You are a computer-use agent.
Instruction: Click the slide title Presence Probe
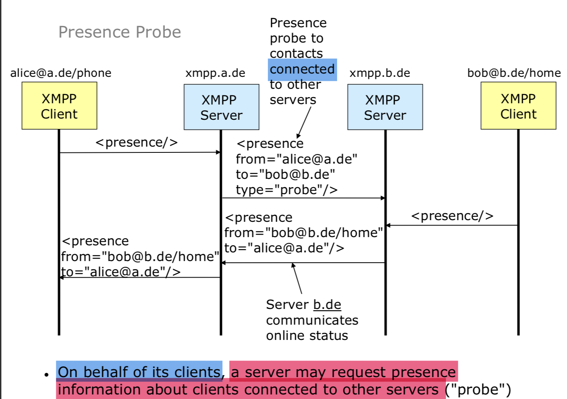[119, 32]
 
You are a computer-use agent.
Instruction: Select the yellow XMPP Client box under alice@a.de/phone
[59, 106]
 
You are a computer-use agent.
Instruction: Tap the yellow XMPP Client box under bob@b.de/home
[518, 106]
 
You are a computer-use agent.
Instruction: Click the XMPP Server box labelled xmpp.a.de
[221, 107]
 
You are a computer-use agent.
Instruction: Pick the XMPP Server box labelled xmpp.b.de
[385, 107]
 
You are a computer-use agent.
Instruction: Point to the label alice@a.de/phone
[61, 73]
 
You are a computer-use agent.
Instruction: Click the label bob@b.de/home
[514, 73]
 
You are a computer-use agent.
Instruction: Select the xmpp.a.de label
[215, 73]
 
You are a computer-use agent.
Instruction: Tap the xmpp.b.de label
[379, 73]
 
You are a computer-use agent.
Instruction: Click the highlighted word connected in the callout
[302, 69]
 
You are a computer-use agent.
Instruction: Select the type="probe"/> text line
[286, 190]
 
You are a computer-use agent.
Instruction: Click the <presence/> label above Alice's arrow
[136, 142]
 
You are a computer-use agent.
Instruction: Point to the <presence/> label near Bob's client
[452, 216]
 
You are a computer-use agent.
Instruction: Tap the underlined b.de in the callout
[327, 304]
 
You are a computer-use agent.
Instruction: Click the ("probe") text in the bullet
[478, 389]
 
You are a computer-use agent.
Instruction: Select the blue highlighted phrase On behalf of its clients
[139, 372]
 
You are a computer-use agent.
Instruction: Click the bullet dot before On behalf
[46, 375]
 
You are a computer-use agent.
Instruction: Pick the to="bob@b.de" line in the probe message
[285, 174]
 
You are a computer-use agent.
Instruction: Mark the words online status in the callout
[307, 335]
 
